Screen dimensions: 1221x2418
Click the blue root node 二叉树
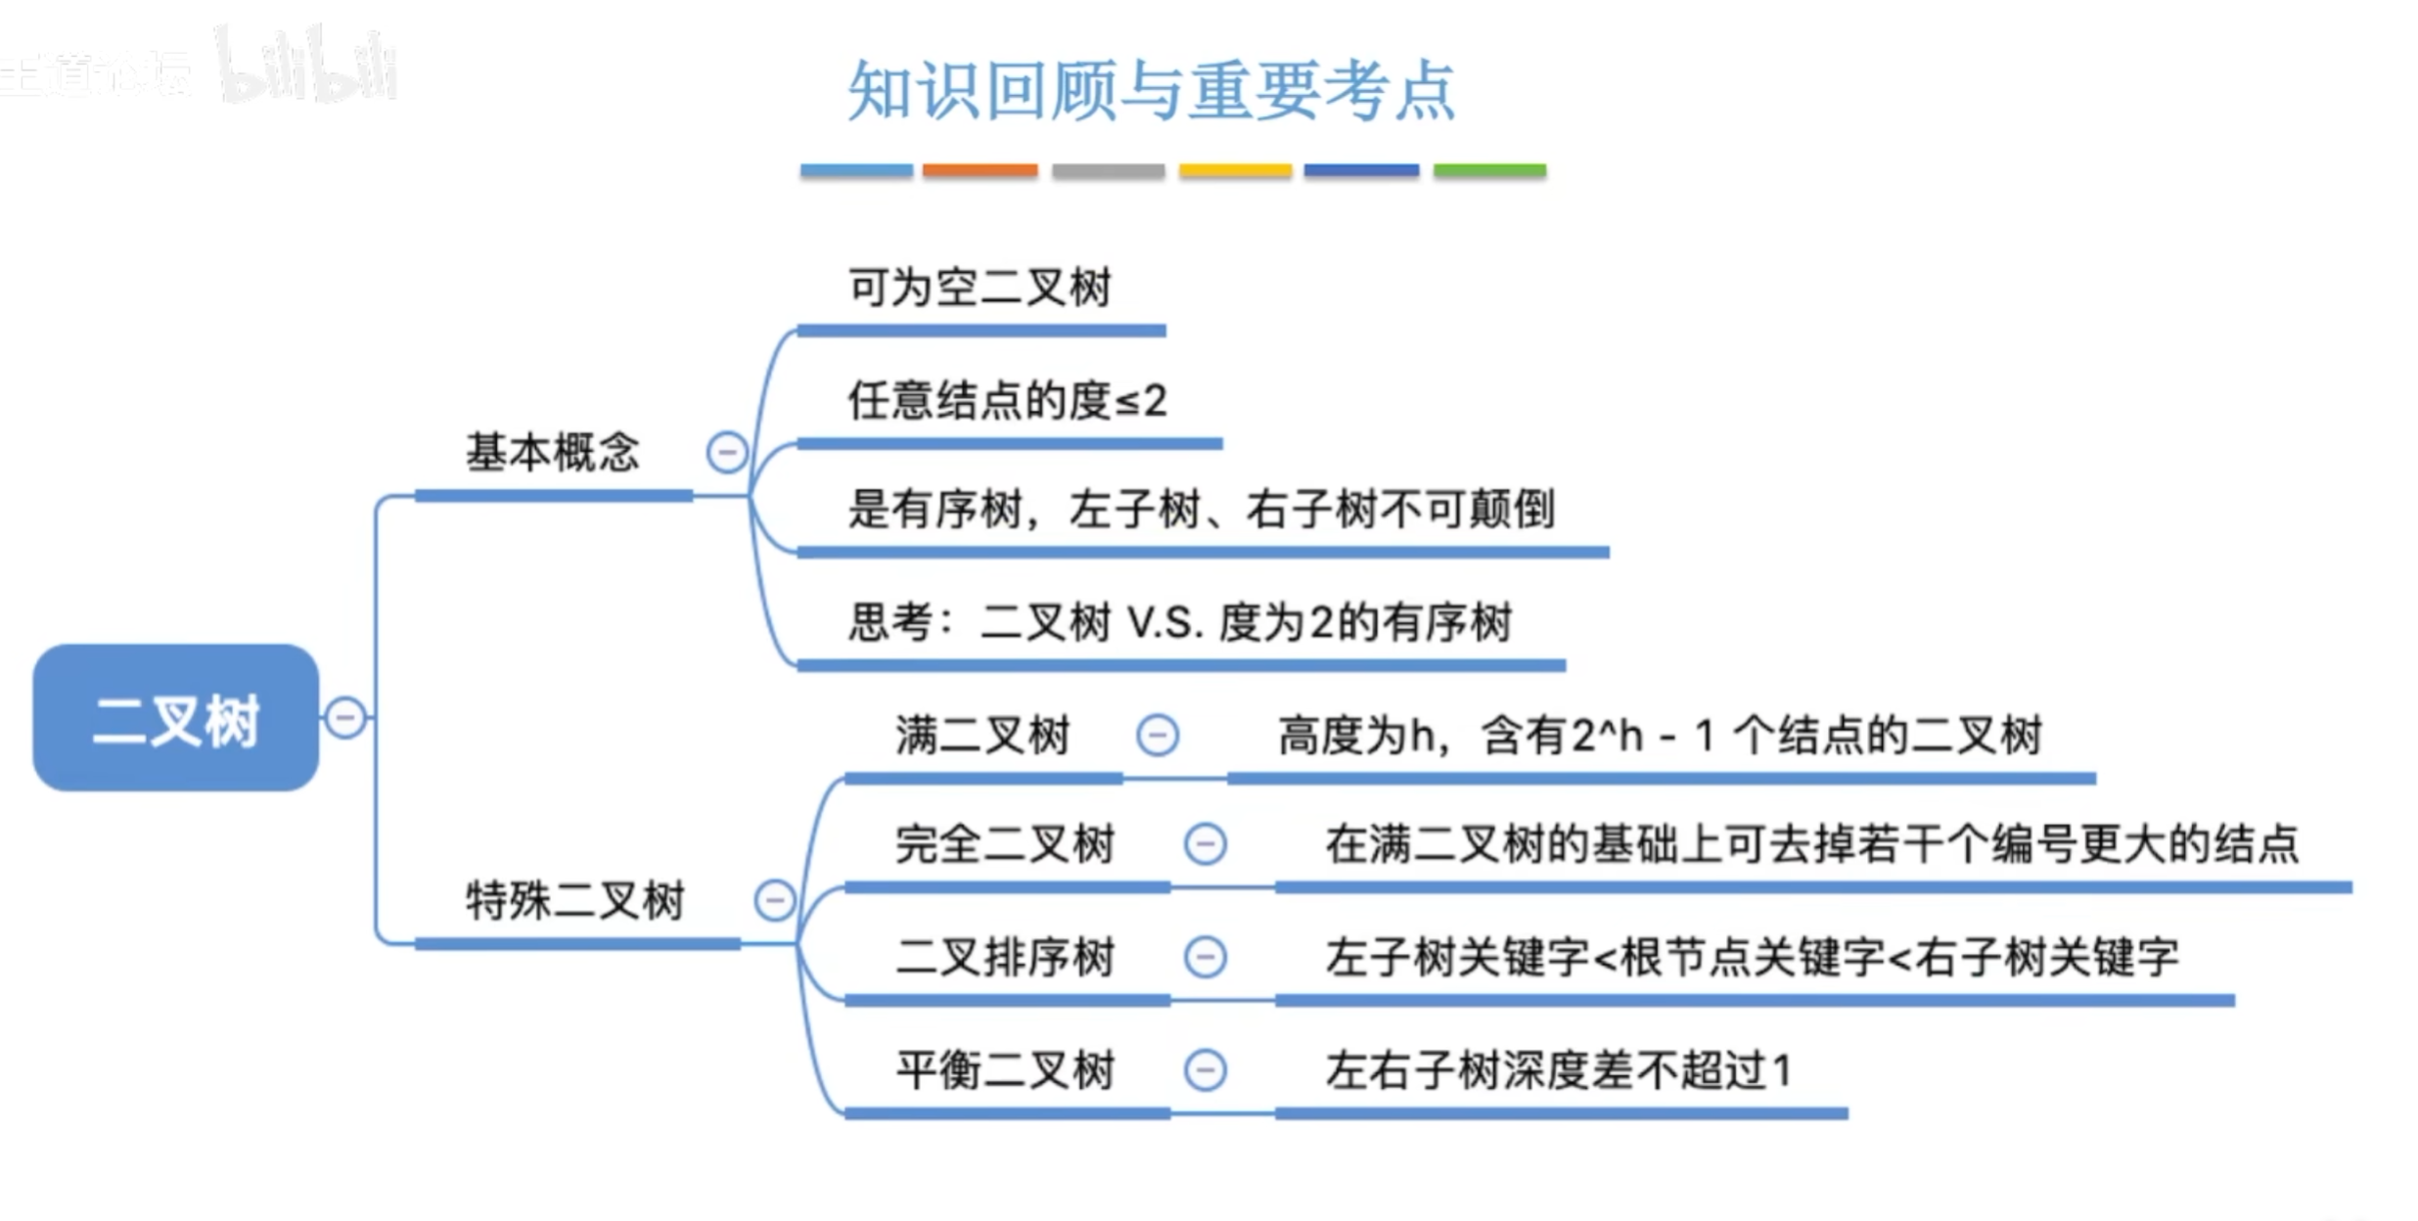pyautogui.click(x=176, y=717)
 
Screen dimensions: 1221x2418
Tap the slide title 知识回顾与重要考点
pyautogui.click(x=1152, y=91)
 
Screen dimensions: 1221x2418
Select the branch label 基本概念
pyautogui.click(x=552, y=452)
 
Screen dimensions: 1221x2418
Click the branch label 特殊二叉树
pyautogui.click(x=575, y=900)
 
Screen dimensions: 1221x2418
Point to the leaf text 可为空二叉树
pyautogui.click(x=980, y=288)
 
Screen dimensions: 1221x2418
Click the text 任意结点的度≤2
pyautogui.click(x=1007, y=400)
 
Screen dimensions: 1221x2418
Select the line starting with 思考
pyautogui.click(x=1179, y=622)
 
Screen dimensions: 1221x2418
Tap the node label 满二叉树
pyautogui.click(x=982, y=735)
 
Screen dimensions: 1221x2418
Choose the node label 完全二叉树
pyautogui.click(x=1005, y=844)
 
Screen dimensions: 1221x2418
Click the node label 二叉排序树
pyautogui.click(x=1005, y=957)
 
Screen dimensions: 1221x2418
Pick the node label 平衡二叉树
pyautogui.click(x=1005, y=1069)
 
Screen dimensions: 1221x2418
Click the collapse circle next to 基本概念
pyautogui.click(x=727, y=452)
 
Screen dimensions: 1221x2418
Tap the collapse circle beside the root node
pyautogui.click(x=345, y=717)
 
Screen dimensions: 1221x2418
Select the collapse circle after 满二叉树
pyautogui.click(x=1158, y=735)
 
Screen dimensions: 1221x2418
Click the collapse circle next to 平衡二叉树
pyautogui.click(x=1205, y=1069)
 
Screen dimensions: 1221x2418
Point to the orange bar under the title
pyautogui.click(x=980, y=170)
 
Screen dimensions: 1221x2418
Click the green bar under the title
pyautogui.click(x=1489, y=170)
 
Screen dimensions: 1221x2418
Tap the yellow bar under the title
pyautogui.click(x=1235, y=170)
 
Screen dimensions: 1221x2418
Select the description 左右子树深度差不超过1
pyautogui.click(x=1559, y=1069)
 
